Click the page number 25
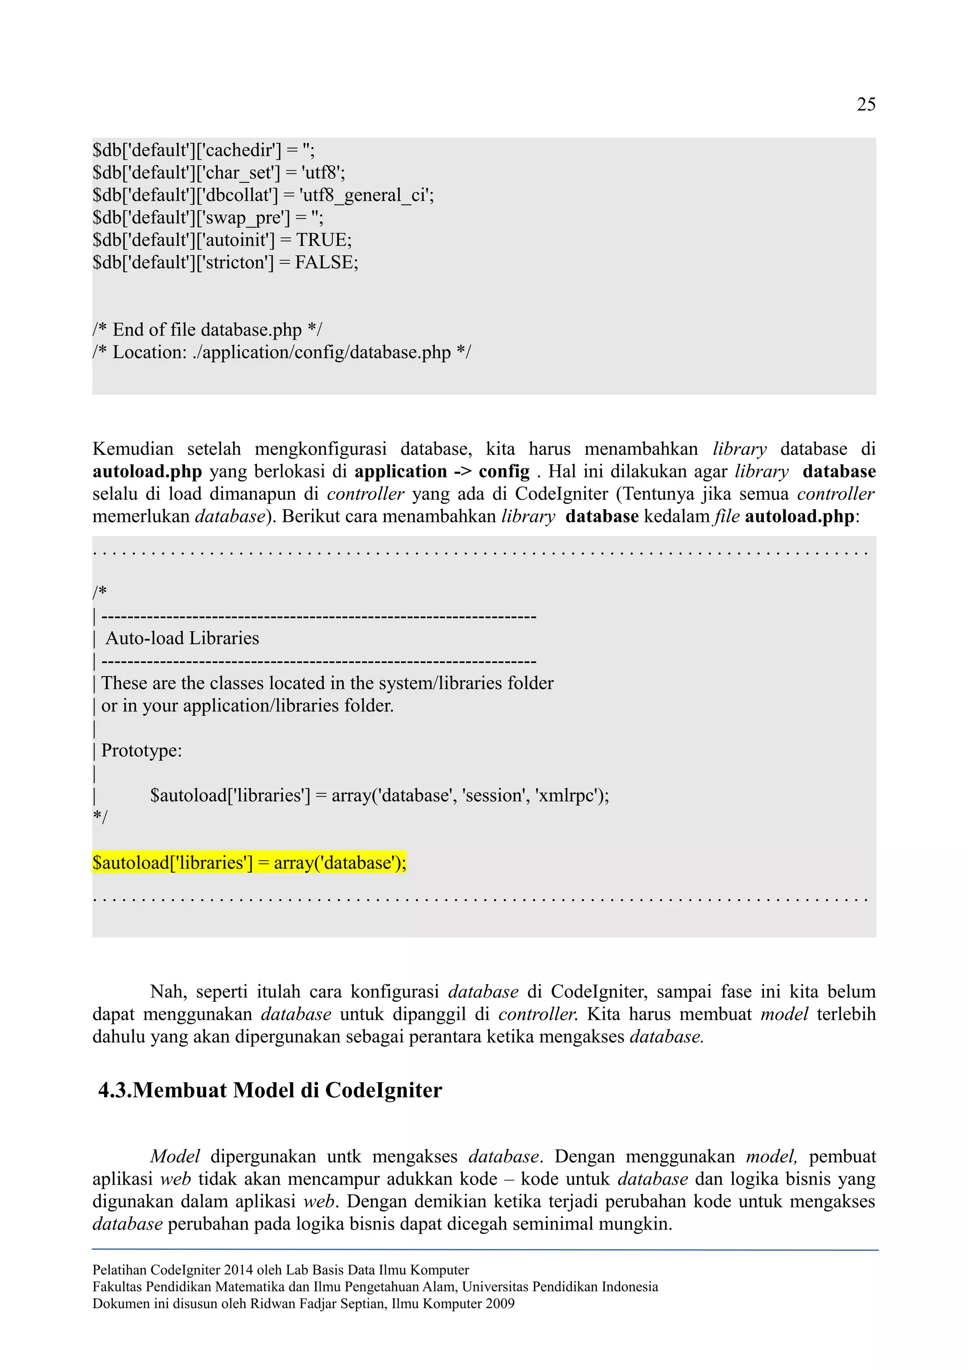pyautogui.click(x=865, y=104)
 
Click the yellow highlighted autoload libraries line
pyautogui.click(x=249, y=863)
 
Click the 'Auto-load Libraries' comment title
pyautogui.click(x=182, y=639)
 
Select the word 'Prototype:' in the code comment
pyautogui.click(x=141, y=751)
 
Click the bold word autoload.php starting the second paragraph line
pyautogui.click(x=147, y=472)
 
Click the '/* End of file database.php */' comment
pyautogui.click(x=207, y=330)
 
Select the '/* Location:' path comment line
pyautogui.click(x=281, y=353)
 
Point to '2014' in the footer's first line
pyautogui.click(x=239, y=1270)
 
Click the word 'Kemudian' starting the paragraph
pyautogui.click(x=132, y=449)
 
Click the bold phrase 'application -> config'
pyautogui.click(x=441, y=472)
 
